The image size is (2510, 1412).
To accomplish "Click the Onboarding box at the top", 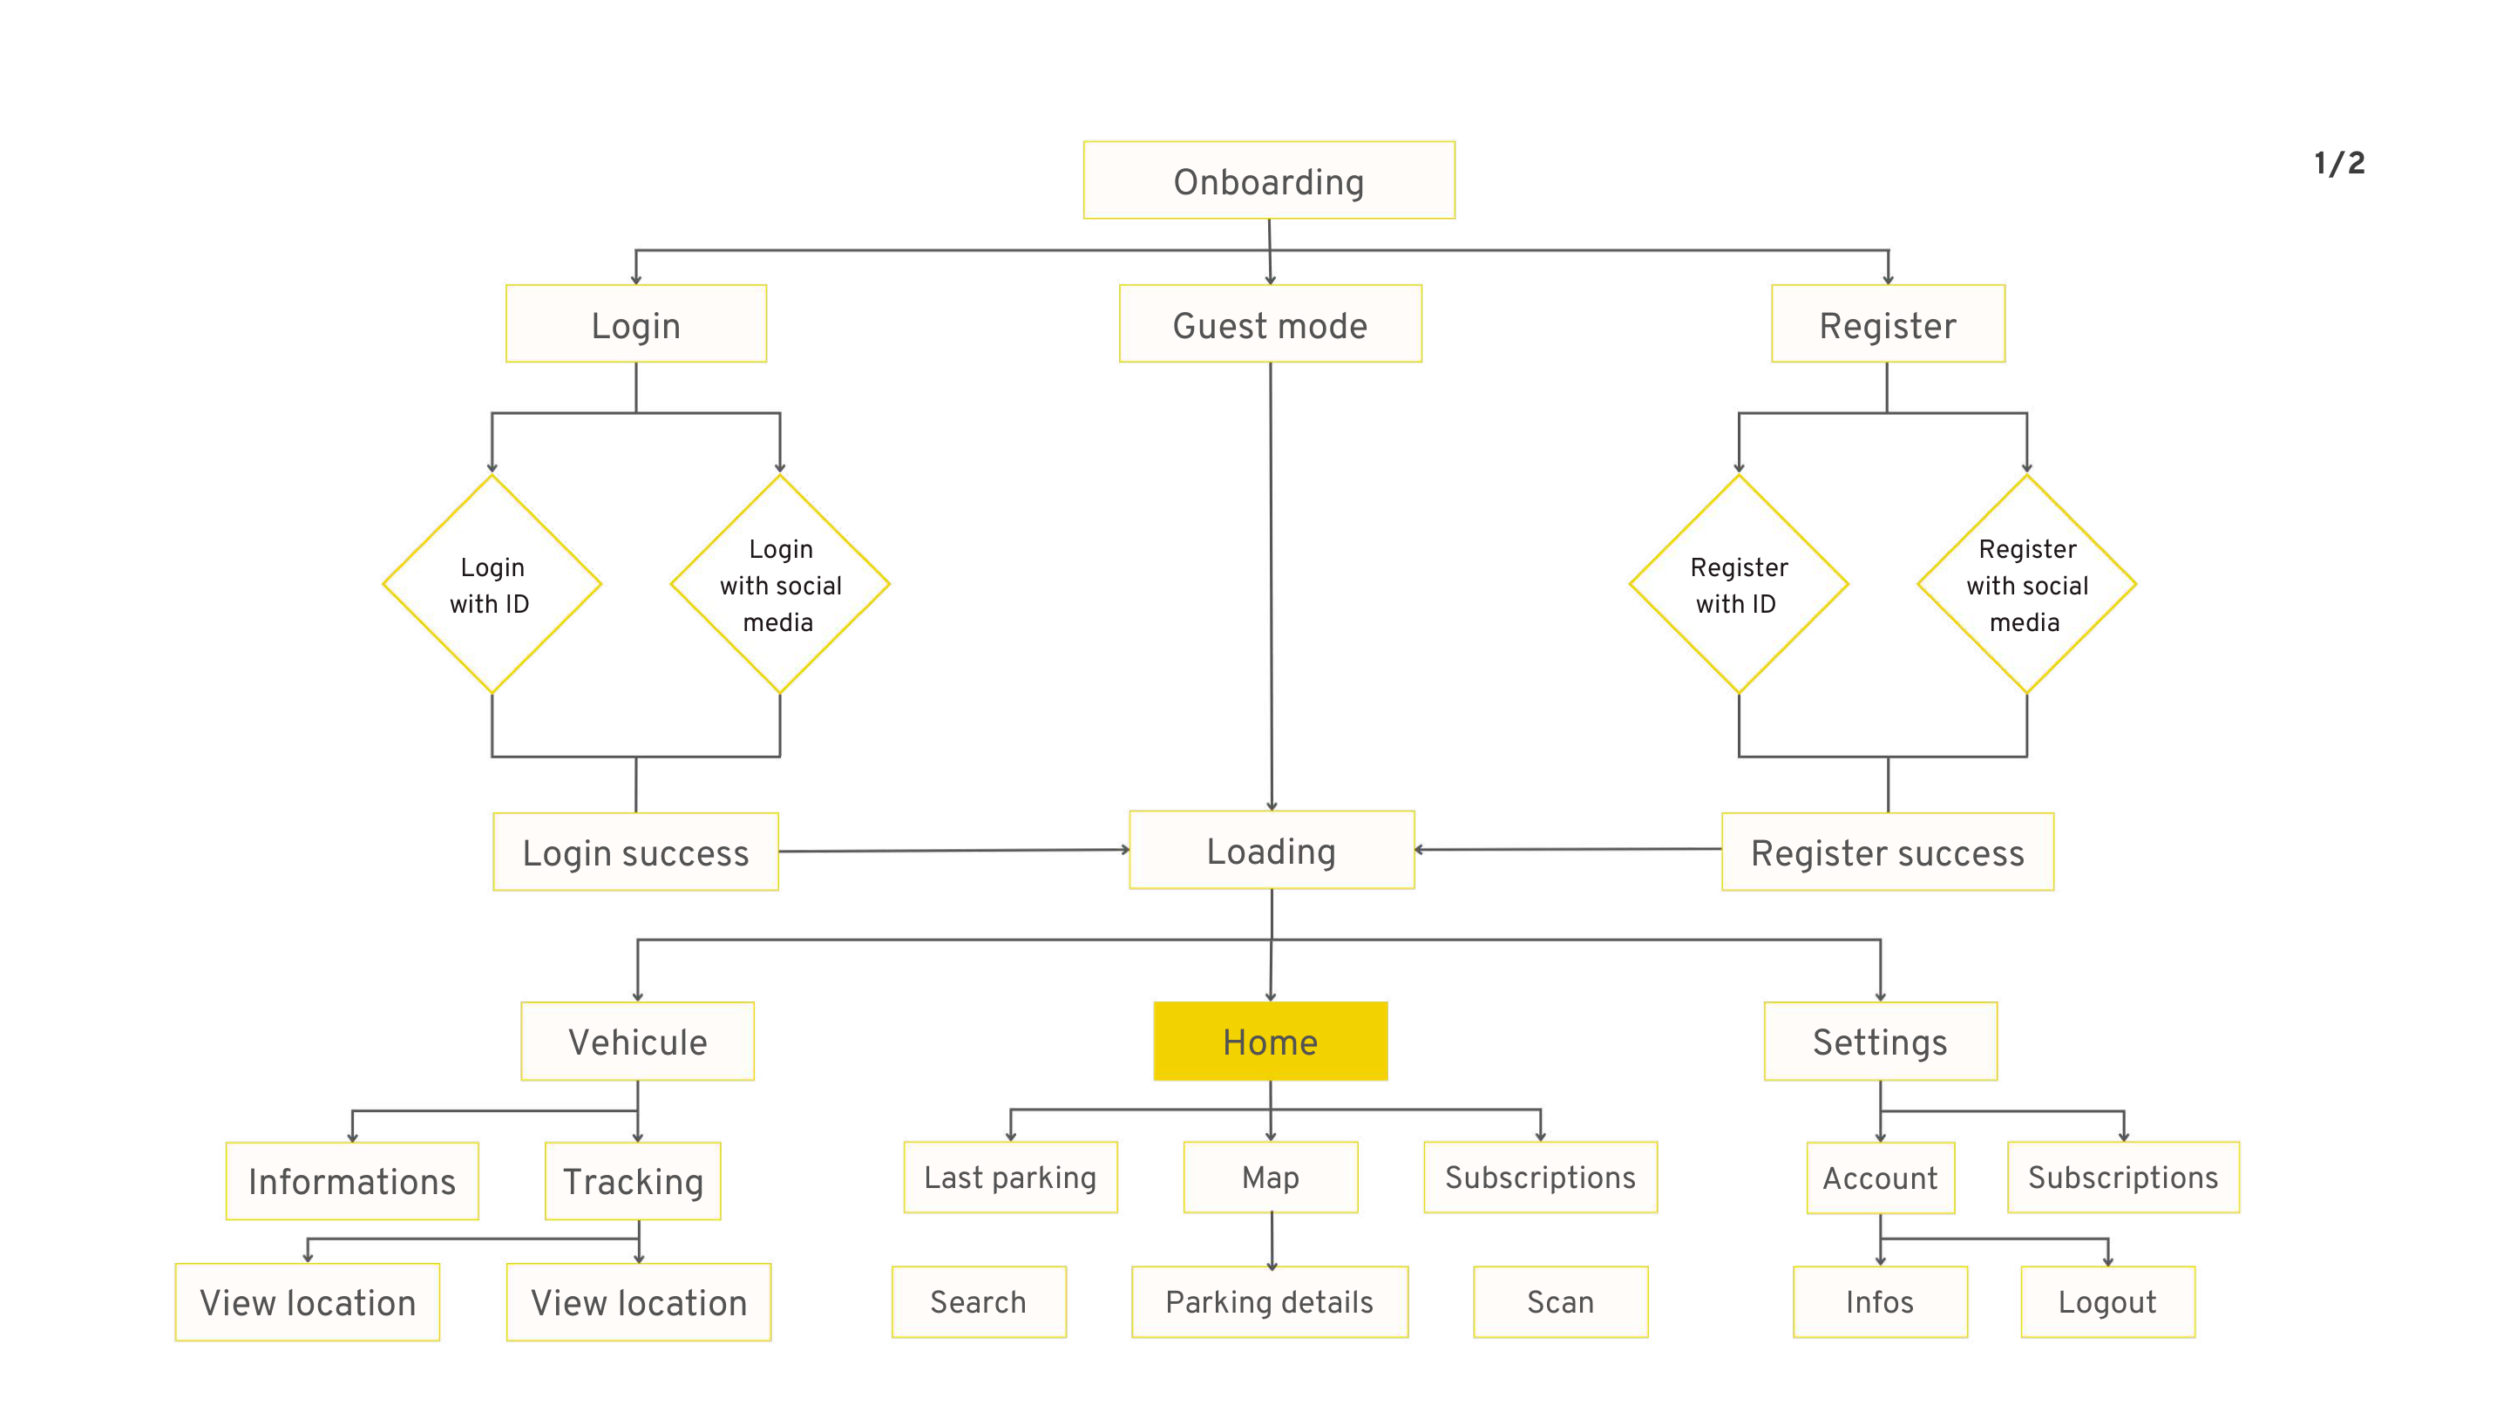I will coord(1269,180).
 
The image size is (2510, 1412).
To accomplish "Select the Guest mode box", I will coord(1270,323).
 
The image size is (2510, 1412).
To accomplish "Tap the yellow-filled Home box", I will coord(1270,1041).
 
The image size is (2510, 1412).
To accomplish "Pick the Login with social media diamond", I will coord(779,585).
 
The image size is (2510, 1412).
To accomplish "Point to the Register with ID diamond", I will coord(1739,585).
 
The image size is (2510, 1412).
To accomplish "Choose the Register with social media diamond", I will coord(2025,585).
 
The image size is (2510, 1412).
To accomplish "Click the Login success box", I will coord(635,852).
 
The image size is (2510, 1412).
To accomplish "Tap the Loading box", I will coord(1271,850).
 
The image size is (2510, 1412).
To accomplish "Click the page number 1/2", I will coord(2338,163).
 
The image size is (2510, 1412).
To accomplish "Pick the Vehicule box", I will coord(637,1041).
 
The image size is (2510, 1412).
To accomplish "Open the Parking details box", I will coord(1269,1301).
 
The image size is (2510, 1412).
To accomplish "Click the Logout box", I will coord(2106,1301).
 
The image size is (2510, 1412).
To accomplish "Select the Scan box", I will coord(1560,1301).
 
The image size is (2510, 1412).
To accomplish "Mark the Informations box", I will coord(352,1180).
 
